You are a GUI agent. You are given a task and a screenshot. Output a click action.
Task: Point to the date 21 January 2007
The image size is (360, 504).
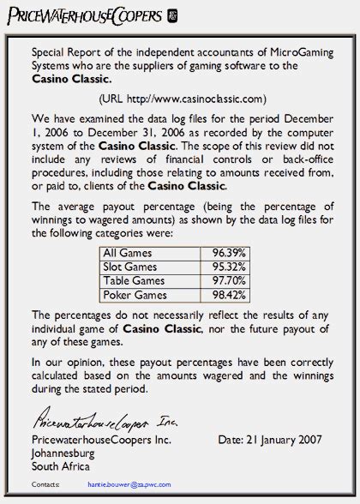pos(270,440)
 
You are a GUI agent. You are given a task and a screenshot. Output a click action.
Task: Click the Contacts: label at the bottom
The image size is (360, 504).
pos(45,484)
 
